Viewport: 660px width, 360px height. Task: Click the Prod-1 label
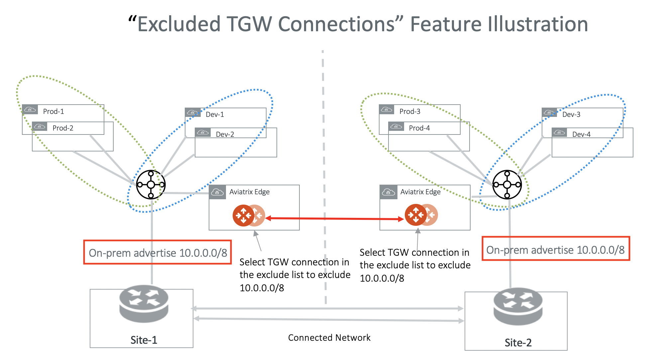[x=53, y=111]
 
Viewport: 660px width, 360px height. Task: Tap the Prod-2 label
[x=62, y=128]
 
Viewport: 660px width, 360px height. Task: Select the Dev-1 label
[x=215, y=114]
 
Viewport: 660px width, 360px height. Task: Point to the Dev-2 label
[x=225, y=134]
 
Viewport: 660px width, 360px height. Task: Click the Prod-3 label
[x=409, y=111]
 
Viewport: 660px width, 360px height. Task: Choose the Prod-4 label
[x=419, y=128]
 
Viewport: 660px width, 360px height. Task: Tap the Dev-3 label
[x=571, y=114]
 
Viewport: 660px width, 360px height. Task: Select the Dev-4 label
[x=581, y=134]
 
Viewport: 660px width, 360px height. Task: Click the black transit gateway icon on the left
[x=151, y=185]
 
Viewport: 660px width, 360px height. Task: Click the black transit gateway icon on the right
[x=507, y=185]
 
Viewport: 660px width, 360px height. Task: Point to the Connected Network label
[x=329, y=338]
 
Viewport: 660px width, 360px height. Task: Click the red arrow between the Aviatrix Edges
[x=334, y=219]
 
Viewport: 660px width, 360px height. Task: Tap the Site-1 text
[x=144, y=340]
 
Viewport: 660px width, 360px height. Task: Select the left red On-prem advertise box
[x=158, y=252]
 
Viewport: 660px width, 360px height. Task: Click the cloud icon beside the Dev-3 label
[x=549, y=112]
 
